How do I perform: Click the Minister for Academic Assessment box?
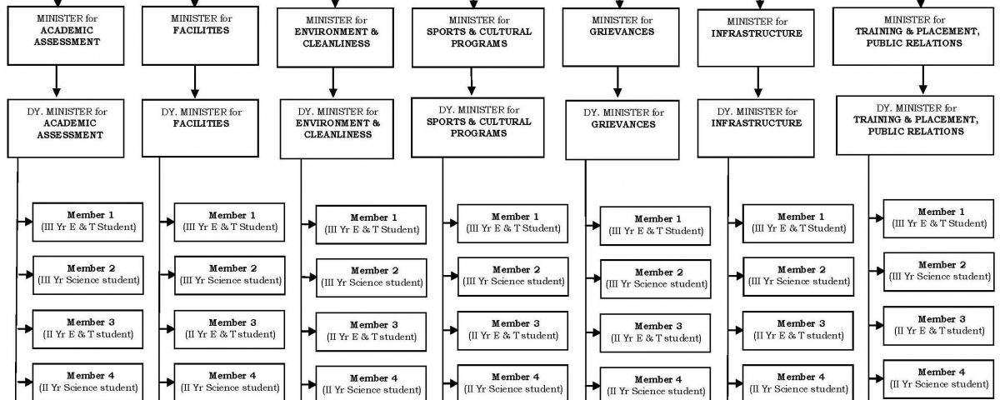click(x=66, y=36)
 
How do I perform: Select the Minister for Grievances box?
click(x=621, y=37)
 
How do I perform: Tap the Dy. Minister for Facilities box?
click(x=200, y=128)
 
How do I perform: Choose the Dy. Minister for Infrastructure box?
click(x=756, y=128)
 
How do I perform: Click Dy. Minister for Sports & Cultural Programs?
click(x=477, y=127)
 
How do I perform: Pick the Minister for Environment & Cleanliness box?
click(x=335, y=37)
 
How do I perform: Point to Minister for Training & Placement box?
click(x=913, y=36)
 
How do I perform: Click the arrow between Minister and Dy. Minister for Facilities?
click(x=195, y=82)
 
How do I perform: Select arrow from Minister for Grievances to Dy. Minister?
click(x=617, y=82)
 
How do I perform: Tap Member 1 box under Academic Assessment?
click(x=88, y=222)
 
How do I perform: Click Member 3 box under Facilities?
click(x=229, y=329)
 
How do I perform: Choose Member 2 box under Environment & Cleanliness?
click(x=372, y=277)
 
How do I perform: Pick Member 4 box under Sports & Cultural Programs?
click(x=513, y=382)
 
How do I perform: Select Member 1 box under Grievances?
click(x=655, y=226)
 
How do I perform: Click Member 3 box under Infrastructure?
click(x=798, y=331)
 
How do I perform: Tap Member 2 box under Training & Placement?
click(x=939, y=272)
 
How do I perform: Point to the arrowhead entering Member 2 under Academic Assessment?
click(x=29, y=274)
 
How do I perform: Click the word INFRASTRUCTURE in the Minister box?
click(x=757, y=33)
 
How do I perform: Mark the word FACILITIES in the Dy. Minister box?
click(x=202, y=123)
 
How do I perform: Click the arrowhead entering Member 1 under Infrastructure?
click(x=738, y=222)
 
